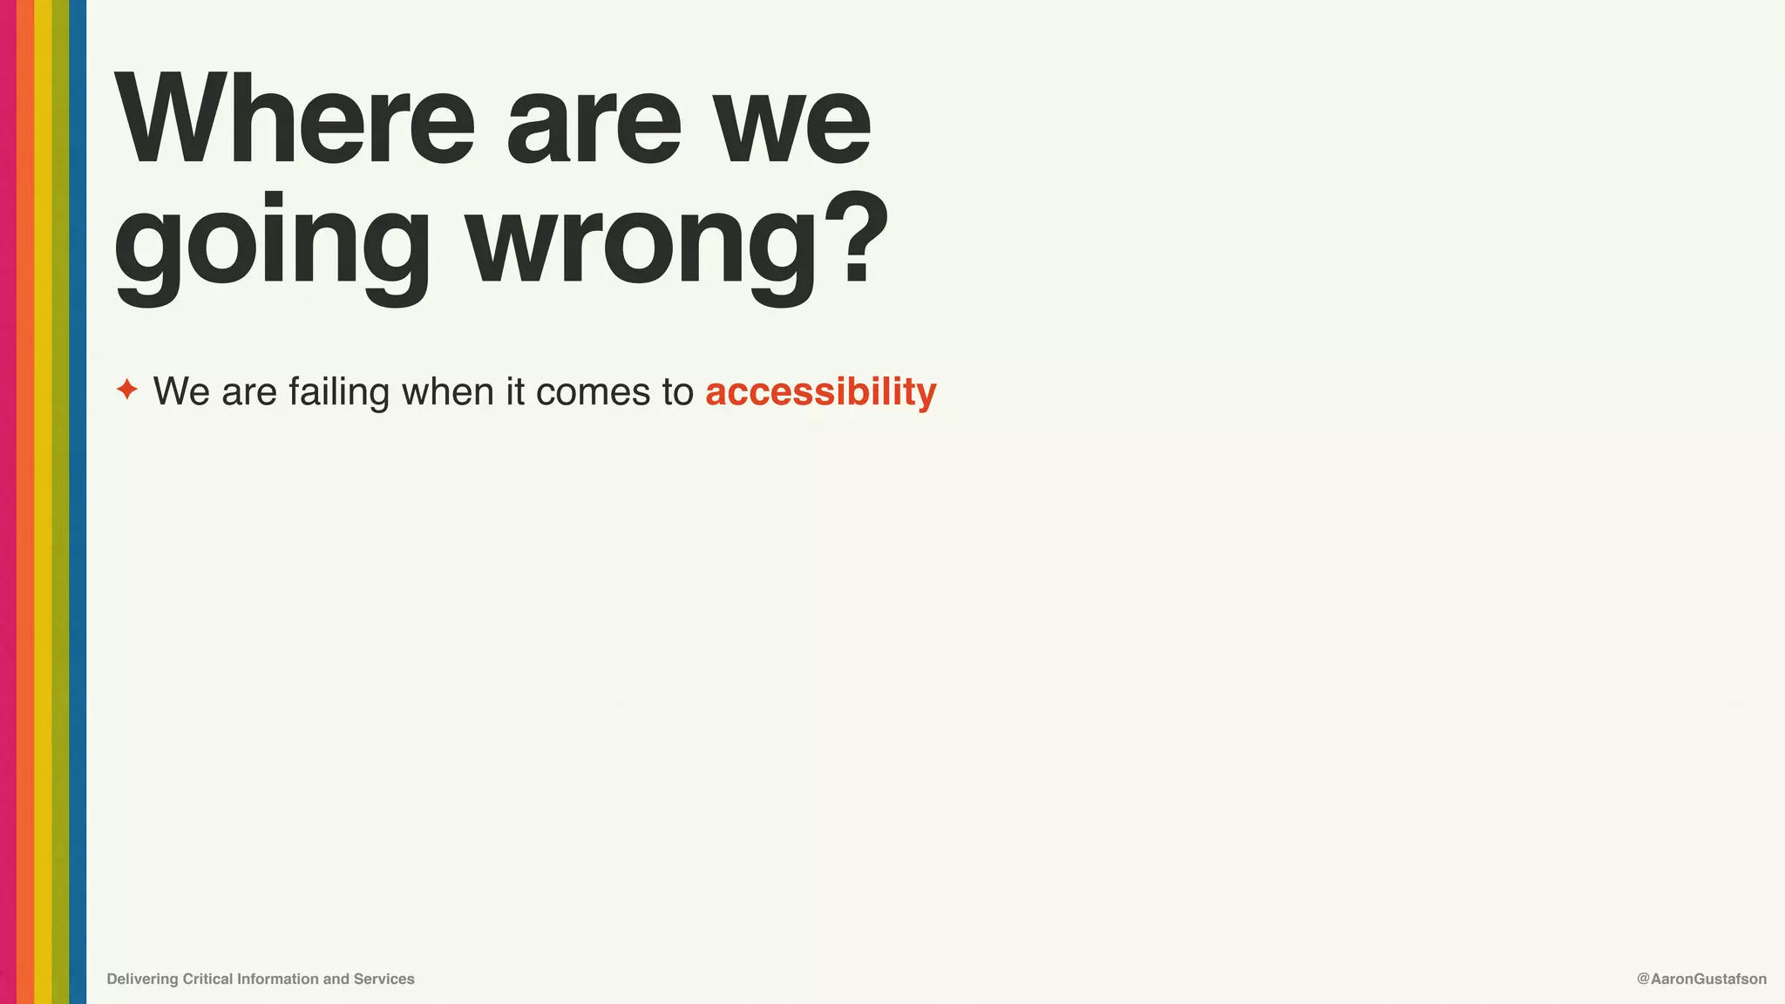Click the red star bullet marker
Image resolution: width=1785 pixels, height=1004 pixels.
tap(127, 390)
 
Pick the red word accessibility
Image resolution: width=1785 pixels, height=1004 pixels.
tap(820, 391)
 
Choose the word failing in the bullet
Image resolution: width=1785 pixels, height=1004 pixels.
tap(339, 391)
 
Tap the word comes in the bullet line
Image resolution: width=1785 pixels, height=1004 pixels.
tap(593, 391)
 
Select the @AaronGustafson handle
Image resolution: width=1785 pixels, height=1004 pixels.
tap(1701, 979)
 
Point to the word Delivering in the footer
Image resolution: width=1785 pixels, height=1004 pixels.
tap(142, 979)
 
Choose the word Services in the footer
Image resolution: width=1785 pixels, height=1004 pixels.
tap(383, 979)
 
